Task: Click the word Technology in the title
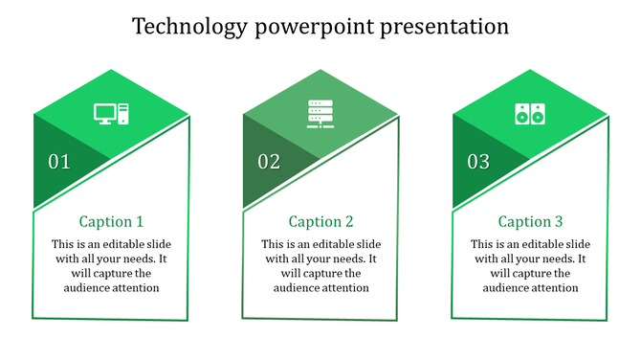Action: coord(188,26)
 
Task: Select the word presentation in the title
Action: coord(445,26)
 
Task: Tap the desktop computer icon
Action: coord(111,114)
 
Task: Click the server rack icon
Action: coord(320,114)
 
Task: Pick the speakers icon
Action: coord(529,114)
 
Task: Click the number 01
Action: coord(59,162)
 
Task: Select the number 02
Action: coord(269,162)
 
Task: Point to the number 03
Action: coord(478,162)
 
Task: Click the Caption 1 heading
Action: coord(111,221)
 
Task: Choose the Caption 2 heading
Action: coord(320,221)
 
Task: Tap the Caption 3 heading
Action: coord(530,221)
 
